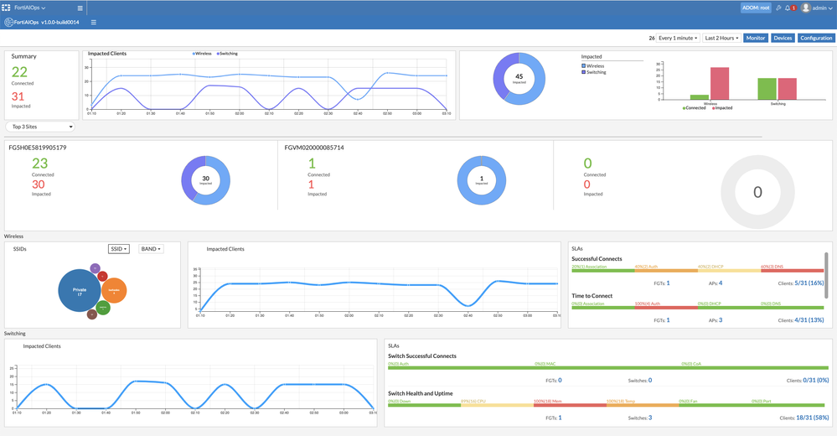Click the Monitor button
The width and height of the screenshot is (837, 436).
tap(756, 38)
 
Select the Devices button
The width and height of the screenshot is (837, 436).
tap(783, 38)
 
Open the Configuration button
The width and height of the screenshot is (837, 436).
tap(815, 38)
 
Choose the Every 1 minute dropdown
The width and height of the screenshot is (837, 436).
tap(678, 38)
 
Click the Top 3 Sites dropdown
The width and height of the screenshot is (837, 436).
tap(39, 127)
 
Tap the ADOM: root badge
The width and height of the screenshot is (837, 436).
tap(755, 8)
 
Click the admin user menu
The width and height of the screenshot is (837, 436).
tap(818, 8)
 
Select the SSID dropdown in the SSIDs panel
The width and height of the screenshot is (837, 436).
tap(119, 249)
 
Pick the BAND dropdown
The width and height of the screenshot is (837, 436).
tap(151, 249)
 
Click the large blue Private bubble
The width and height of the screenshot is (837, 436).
tap(80, 292)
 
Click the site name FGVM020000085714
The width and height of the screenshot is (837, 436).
tap(314, 148)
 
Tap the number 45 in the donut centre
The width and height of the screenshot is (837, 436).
tap(519, 75)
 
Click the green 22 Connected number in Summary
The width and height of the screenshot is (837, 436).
tap(19, 72)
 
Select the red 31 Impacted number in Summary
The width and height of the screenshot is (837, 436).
tap(18, 96)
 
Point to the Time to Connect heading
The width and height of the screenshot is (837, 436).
tap(593, 296)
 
